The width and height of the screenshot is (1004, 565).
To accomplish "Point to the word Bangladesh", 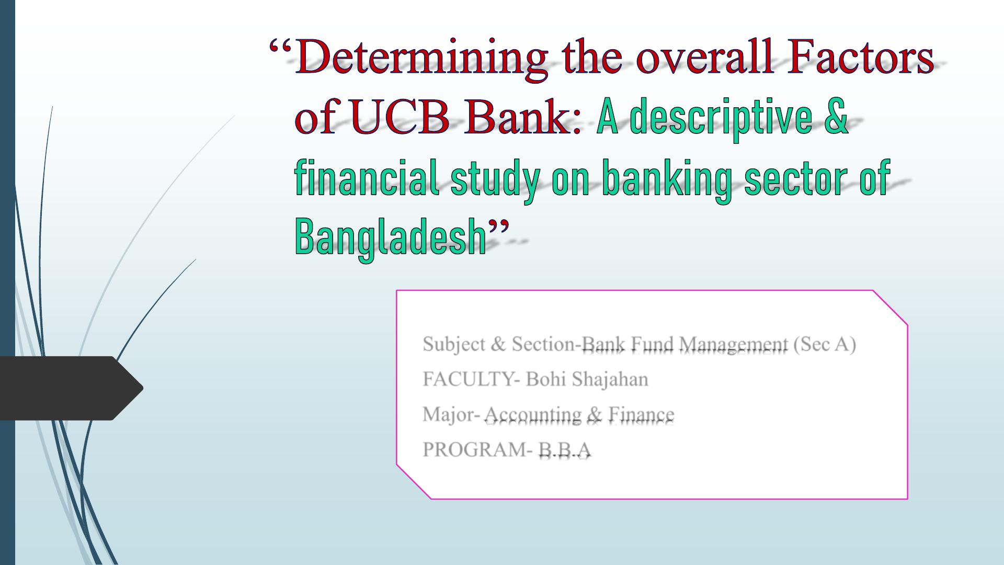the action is point(391,238).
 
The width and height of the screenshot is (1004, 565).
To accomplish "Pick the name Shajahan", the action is point(610,380).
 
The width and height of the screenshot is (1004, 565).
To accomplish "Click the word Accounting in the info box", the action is point(533,415).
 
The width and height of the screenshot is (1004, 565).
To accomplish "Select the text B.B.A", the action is point(565,449).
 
